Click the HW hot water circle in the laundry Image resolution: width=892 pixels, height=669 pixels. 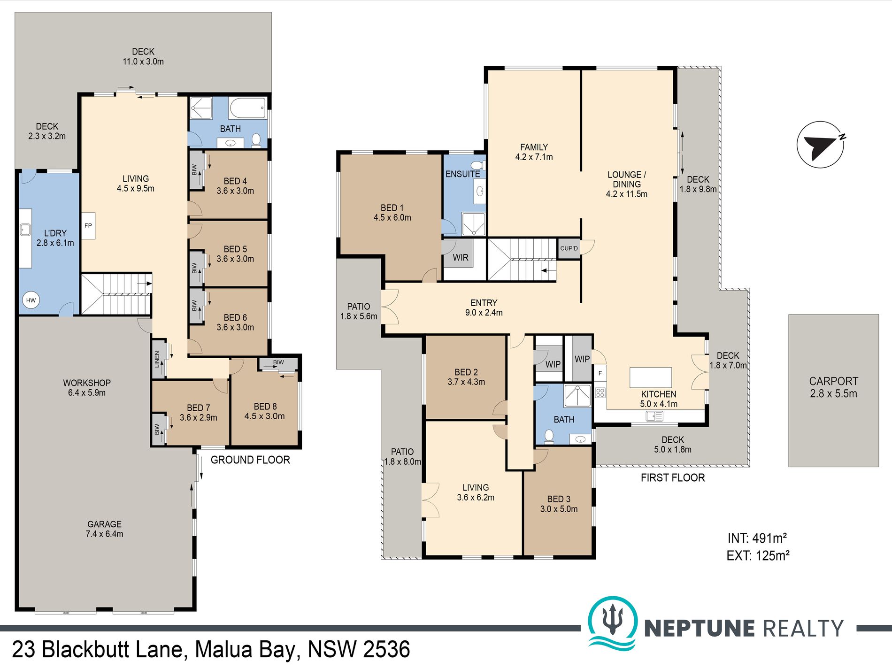point(31,300)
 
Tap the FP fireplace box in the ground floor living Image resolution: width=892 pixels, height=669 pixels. point(88,226)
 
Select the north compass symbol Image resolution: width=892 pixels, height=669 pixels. point(821,144)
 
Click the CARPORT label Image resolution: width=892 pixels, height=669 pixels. point(833,381)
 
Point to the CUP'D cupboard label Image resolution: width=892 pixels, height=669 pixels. point(569,248)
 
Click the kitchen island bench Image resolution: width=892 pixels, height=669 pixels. point(651,377)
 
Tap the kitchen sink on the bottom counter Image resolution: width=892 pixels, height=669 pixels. point(654,416)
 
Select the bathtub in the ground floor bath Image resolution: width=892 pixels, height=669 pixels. point(247,108)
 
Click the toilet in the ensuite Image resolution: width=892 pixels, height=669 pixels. point(478,165)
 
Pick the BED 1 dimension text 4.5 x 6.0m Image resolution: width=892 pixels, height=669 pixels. point(392,218)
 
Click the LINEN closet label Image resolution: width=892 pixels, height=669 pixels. point(157,359)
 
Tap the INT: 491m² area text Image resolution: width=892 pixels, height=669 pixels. point(757,538)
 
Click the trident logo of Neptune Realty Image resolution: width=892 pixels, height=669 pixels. point(613,622)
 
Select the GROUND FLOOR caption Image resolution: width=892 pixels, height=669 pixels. point(250,460)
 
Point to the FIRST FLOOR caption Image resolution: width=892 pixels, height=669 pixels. point(673,478)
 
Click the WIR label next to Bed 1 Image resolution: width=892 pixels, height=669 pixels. point(461,258)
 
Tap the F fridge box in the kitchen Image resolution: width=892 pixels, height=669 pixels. point(600,374)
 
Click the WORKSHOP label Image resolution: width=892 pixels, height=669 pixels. point(87,383)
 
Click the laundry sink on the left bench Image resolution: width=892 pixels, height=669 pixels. point(25,230)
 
